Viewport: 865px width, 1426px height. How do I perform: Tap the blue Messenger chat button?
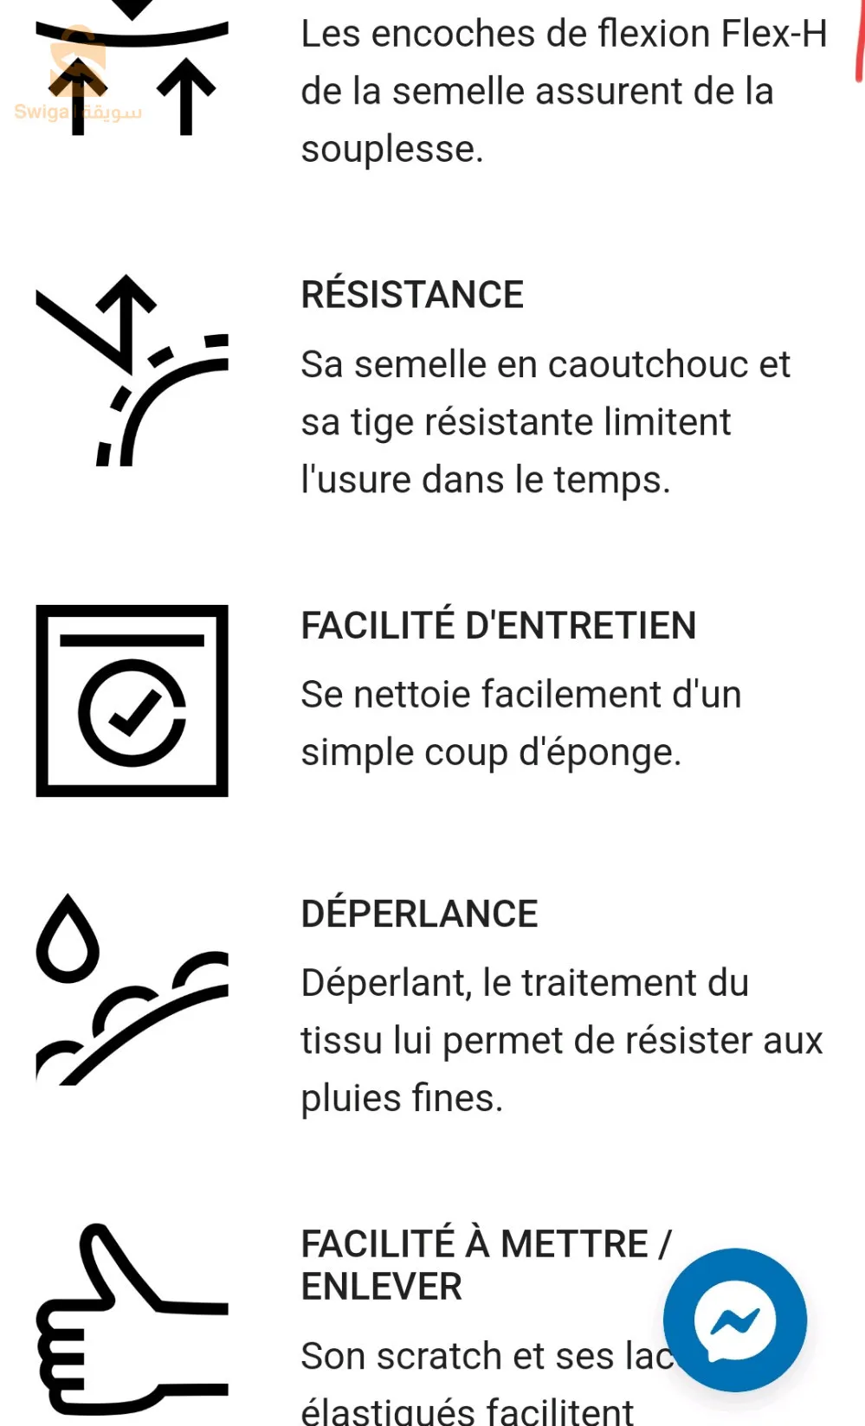(x=734, y=1320)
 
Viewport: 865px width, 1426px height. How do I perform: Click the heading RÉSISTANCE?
(x=412, y=295)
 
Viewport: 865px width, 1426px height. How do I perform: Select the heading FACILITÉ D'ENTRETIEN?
(x=498, y=626)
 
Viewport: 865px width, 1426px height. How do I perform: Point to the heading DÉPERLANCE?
(x=419, y=914)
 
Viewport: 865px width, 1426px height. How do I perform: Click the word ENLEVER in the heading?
(x=381, y=1287)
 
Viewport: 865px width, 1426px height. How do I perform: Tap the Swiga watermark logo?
(x=78, y=87)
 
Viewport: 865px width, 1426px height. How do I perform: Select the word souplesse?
(x=391, y=149)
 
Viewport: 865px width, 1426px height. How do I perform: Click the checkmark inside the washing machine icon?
(x=132, y=713)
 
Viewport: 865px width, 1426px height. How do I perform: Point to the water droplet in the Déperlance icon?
(x=68, y=940)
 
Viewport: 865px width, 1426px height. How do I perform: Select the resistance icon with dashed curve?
(x=132, y=370)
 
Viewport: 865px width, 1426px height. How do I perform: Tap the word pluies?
(x=351, y=1098)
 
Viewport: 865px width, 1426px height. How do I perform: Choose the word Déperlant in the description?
(x=386, y=983)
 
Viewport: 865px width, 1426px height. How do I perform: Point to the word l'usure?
(x=355, y=479)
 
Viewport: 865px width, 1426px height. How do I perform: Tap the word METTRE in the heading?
(x=574, y=1244)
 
